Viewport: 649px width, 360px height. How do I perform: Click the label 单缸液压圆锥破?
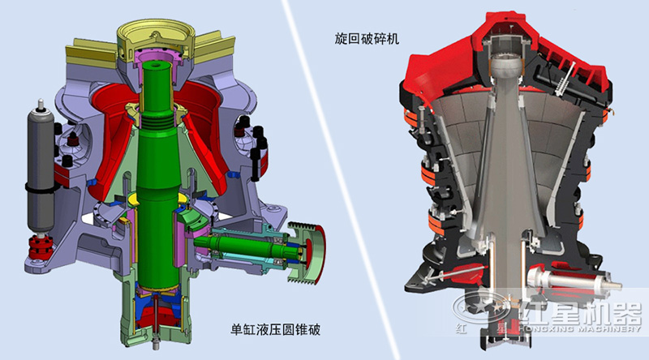276,330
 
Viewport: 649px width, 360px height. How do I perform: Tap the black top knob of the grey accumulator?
39,105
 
